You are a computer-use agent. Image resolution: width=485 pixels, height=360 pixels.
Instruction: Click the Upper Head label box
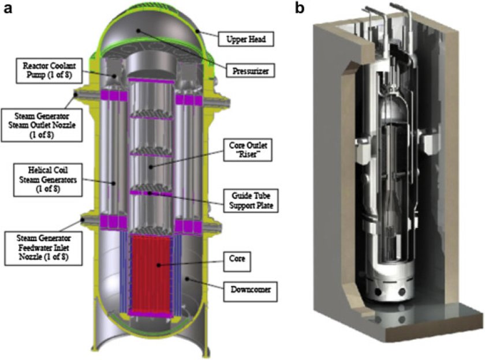pyautogui.click(x=246, y=39)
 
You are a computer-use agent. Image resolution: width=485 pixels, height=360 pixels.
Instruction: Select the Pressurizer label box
pyautogui.click(x=251, y=71)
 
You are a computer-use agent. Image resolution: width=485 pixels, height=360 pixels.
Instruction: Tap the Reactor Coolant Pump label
pyautogui.click(x=49, y=70)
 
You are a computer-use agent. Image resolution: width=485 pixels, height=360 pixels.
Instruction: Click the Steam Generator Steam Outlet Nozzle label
pyautogui.click(x=42, y=125)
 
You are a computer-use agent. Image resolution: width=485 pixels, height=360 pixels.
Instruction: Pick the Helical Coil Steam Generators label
pyautogui.click(x=48, y=180)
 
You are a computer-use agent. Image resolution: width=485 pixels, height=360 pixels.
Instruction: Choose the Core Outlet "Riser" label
pyautogui.click(x=248, y=150)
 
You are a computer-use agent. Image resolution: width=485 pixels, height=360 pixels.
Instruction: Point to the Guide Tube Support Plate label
pyautogui.click(x=251, y=201)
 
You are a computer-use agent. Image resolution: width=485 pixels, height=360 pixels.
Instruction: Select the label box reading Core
pyautogui.click(x=237, y=262)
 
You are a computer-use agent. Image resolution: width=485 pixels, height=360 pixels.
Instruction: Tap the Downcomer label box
pyautogui.click(x=250, y=290)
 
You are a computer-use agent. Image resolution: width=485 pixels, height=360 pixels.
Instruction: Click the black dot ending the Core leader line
pyautogui.click(x=158, y=265)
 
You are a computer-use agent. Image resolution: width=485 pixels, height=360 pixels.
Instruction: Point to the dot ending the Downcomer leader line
pyautogui.click(x=187, y=279)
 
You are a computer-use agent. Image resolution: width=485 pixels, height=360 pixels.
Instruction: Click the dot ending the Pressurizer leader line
pyautogui.click(x=139, y=31)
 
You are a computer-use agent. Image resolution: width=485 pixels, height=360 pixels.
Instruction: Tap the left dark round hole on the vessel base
pyautogui.click(x=378, y=292)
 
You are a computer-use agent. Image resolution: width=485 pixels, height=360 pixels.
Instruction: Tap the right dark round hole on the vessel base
pyautogui.click(x=402, y=292)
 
